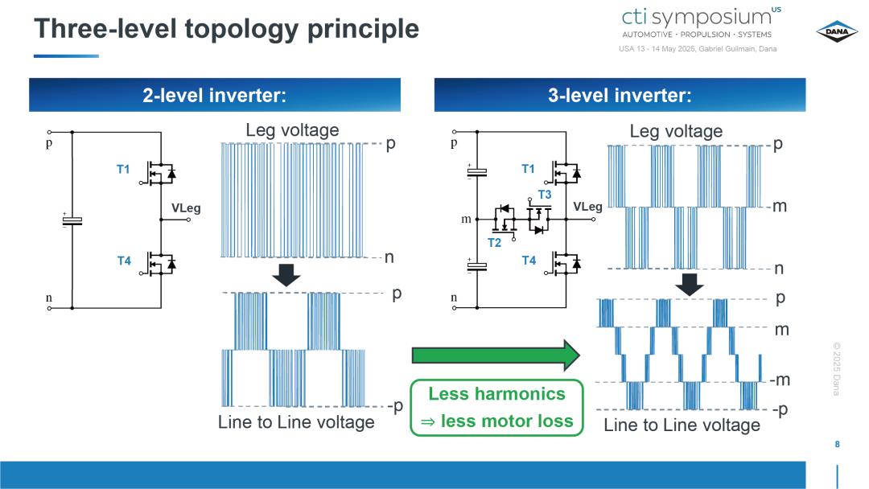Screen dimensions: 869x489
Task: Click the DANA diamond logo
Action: click(837, 31)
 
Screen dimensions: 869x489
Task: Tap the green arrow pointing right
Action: click(496, 355)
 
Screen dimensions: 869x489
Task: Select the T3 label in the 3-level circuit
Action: click(544, 195)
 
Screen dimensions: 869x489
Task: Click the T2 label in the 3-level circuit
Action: click(494, 243)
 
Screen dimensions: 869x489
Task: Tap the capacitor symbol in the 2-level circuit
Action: click(72, 220)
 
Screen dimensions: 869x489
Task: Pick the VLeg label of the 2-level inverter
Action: click(186, 208)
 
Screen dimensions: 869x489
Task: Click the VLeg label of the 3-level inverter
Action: click(587, 207)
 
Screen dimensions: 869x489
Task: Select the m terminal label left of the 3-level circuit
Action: click(466, 220)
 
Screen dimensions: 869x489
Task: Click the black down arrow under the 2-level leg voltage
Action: click(286, 275)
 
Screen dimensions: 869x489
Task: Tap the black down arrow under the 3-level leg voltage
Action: click(690, 285)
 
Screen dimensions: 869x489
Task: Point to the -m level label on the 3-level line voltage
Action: click(780, 380)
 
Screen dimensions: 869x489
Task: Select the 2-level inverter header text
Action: click(215, 95)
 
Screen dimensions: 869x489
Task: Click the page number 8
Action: click(837, 444)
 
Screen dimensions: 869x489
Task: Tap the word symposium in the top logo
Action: click(711, 18)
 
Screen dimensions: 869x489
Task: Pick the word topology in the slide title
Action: click(241, 30)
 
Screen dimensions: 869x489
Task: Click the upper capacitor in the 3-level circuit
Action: click(477, 172)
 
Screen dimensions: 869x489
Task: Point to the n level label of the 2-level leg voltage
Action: click(389, 257)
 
